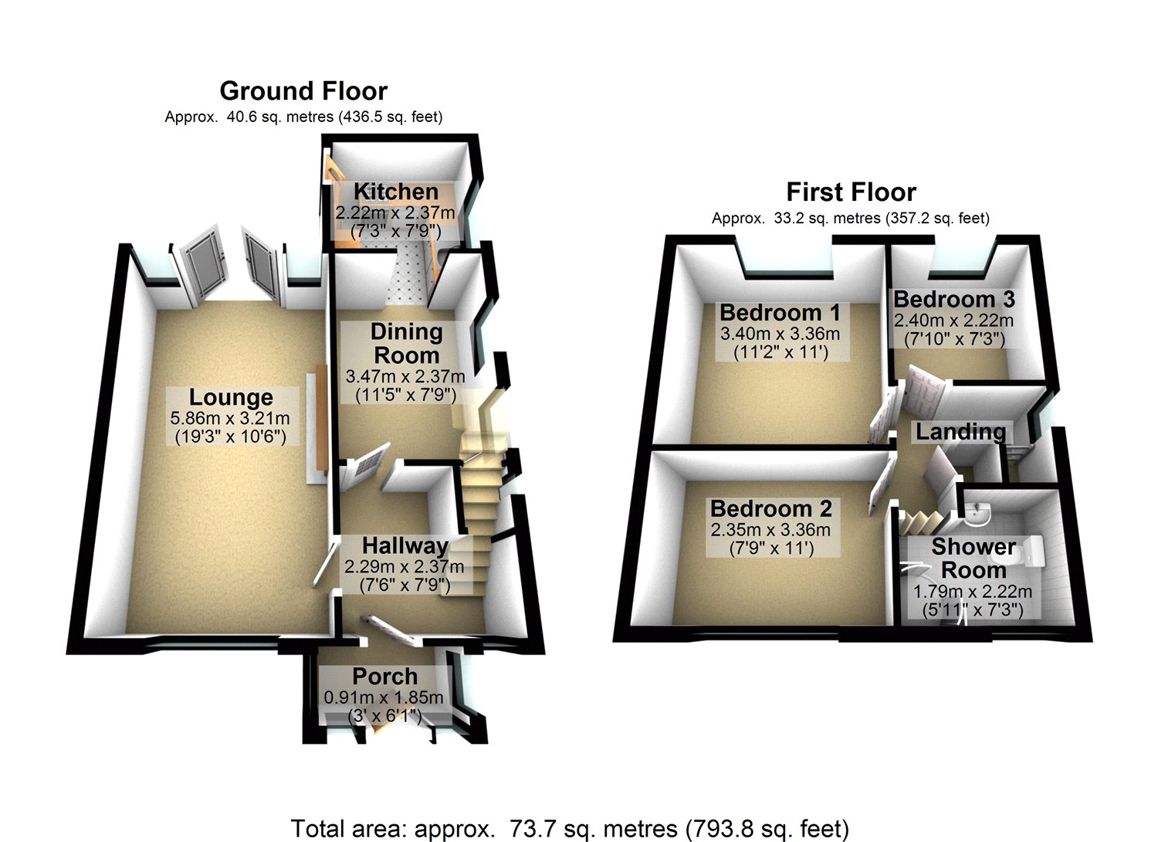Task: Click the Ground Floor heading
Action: (x=303, y=91)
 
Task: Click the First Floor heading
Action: (x=851, y=192)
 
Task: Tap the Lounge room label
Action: (x=231, y=397)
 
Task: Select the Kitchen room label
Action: (x=395, y=192)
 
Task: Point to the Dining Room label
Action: (x=406, y=344)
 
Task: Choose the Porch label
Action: (x=384, y=676)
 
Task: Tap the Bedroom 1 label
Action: (x=780, y=313)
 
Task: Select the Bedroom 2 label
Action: (x=771, y=508)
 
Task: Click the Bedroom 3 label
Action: (x=954, y=299)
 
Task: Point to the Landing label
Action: (x=960, y=432)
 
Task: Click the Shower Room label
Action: (x=973, y=559)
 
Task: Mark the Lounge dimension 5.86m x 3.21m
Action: (x=230, y=419)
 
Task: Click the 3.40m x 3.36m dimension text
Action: (x=780, y=334)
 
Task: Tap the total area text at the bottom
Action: (x=570, y=828)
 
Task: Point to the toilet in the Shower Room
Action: (x=1031, y=550)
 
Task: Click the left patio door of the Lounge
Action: (x=201, y=265)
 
